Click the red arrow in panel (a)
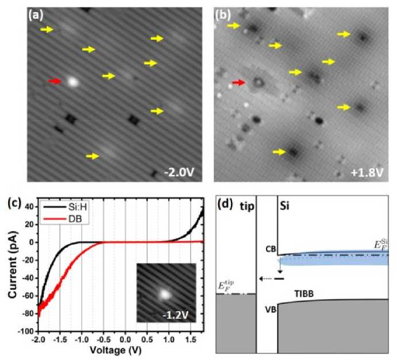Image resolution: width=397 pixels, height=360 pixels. (x=55, y=81)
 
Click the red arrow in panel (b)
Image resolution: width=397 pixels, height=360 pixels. (x=238, y=83)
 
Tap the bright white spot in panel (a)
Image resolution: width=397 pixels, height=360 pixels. (x=72, y=81)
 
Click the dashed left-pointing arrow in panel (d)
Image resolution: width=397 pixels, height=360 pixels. (x=265, y=278)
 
